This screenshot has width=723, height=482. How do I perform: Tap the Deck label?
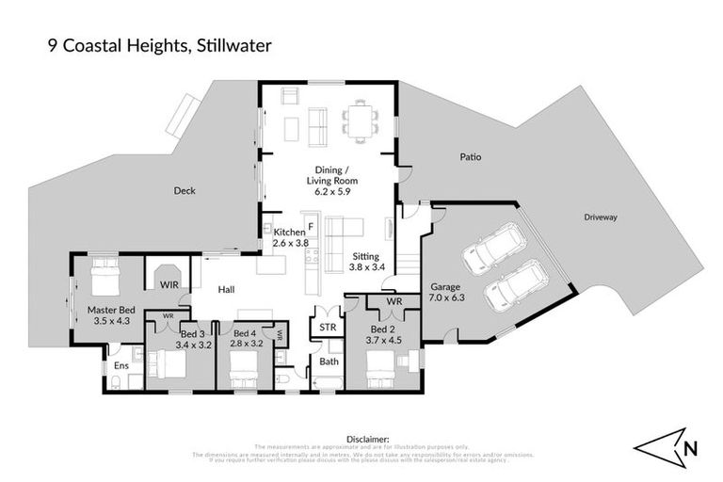(185, 191)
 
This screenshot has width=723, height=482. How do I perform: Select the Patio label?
(470, 157)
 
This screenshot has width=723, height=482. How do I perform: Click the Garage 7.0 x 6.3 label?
(447, 291)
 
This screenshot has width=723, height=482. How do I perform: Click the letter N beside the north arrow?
(691, 449)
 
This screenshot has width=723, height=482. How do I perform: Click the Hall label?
(226, 291)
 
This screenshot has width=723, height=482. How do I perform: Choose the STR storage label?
(329, 327)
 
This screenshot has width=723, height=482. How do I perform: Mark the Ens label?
(121, 365)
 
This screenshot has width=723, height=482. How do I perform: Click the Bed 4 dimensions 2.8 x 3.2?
(245, 344)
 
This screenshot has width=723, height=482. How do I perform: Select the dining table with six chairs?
(359, 120)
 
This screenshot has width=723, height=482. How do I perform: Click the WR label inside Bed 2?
(394, 302)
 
